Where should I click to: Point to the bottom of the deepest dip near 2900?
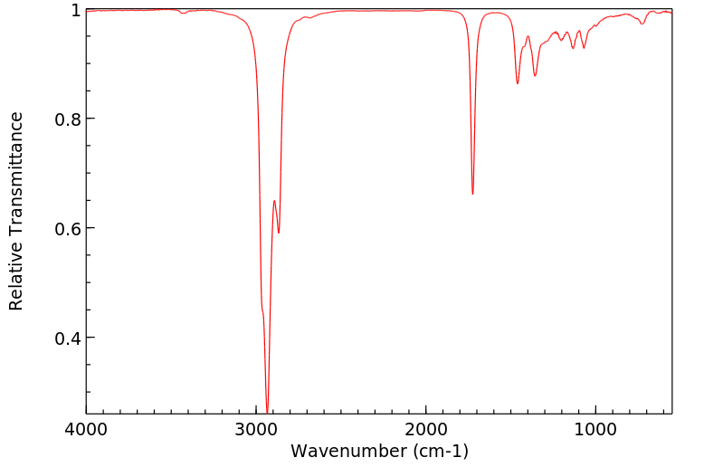point(267,412)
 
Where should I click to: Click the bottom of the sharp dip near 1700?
point(472,194)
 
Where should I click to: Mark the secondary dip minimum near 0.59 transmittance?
point(279,233)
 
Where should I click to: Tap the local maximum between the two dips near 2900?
point(274,201)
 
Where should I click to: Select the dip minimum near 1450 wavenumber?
point(518,83)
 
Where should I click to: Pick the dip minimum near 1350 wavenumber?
point(535,75)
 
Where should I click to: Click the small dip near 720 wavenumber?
point(642,24)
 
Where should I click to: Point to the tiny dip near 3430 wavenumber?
point(183,14)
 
